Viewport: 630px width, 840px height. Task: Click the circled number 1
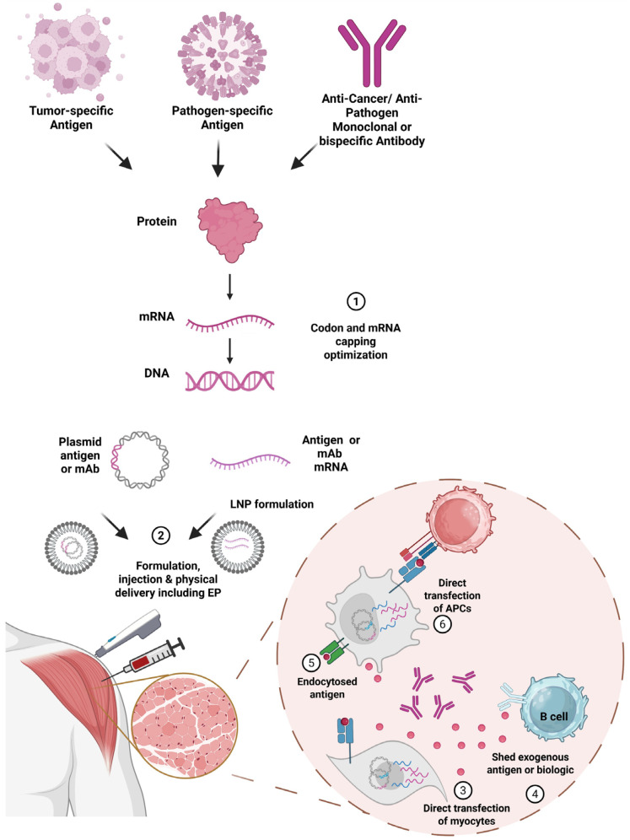point(356,302)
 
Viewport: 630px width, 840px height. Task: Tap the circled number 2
point(161,536)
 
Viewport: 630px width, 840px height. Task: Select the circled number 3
point(463,789)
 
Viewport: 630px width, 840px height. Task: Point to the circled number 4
point(535,794)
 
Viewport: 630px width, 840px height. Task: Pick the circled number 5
point(311,663)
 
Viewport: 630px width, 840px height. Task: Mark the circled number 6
point(443,624)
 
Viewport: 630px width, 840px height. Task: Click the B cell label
point(553,716)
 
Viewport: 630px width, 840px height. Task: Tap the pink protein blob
point(230,229)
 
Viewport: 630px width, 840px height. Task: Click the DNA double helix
point(230,380)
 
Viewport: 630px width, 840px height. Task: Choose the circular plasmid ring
point(140,460)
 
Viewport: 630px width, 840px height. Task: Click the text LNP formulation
point(272,504)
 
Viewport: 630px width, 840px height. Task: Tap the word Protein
point(156,221)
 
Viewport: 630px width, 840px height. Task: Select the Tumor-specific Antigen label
point(71,118)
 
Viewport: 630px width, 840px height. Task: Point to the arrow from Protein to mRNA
point(230,287)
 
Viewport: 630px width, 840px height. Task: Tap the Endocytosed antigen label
point(326,688)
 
